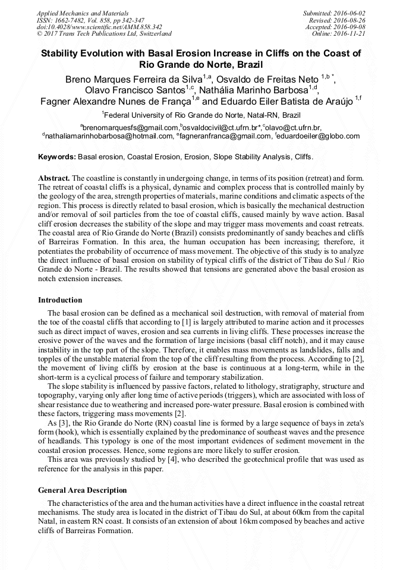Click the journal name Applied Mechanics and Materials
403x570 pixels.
[x=82, y=13]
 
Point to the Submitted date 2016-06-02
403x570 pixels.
[x=335, y=13]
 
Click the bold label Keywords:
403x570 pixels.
[x=57, y=157]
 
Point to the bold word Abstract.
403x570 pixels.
[x=54, y=178]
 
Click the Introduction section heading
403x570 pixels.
[x=60, y=300]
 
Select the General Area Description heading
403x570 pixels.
[x=83, y=490]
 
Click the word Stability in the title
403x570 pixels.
[x=64, y=53]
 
